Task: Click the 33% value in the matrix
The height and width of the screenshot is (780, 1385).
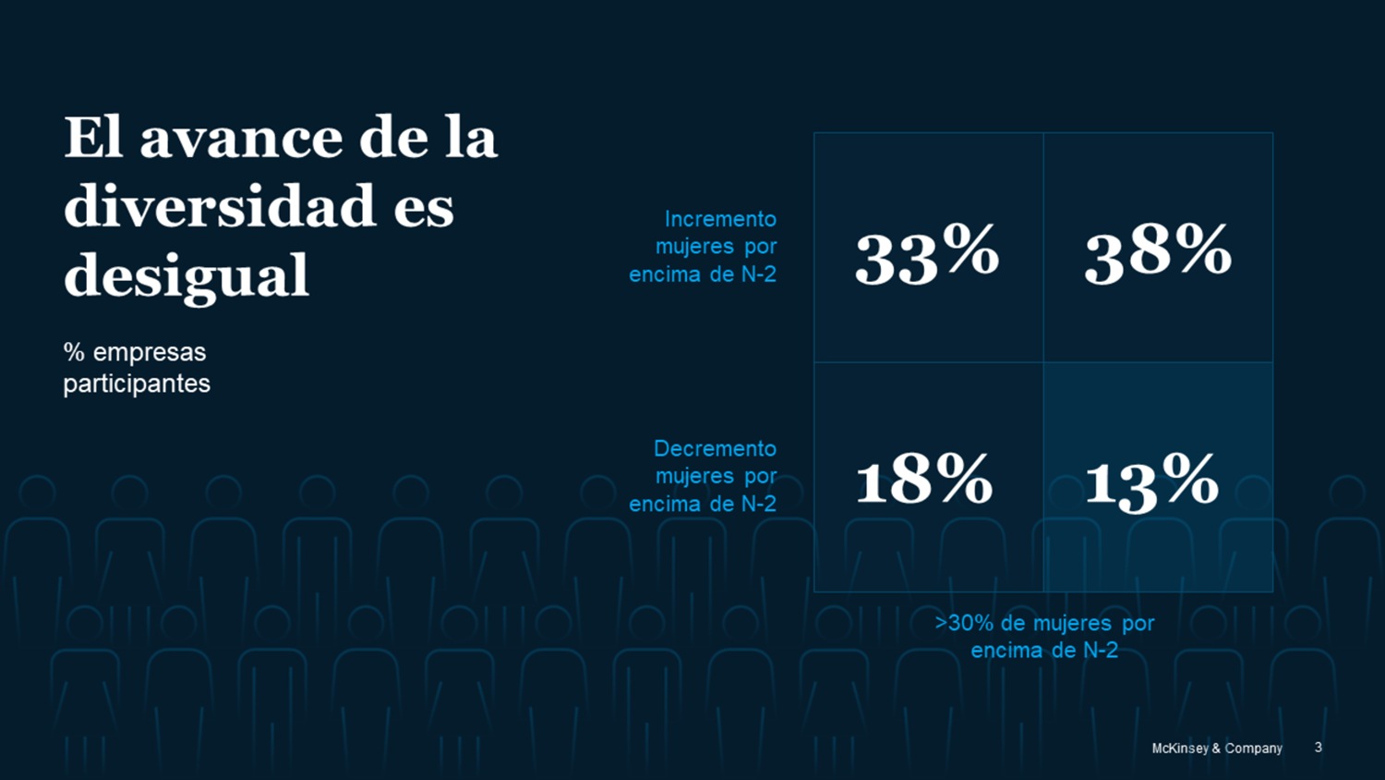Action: click(927, 254)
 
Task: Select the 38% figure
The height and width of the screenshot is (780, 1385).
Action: click(1158, 252)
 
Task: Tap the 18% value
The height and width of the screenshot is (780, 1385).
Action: click(924, 481)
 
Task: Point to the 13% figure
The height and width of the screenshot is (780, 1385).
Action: click(1151, 481)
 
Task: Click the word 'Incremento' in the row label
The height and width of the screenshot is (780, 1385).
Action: click(720, 219)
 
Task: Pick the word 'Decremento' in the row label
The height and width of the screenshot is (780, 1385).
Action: click(715, 448)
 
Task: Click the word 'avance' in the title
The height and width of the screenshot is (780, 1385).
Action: click(242, 139)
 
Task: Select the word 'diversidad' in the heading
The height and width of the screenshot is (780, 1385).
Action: click(220, 206)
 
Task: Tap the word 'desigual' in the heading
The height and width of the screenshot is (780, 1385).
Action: click(187, 275)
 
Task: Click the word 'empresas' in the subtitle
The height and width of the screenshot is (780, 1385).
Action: click(150, 352)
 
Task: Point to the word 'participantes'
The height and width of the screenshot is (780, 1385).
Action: click(137, 384)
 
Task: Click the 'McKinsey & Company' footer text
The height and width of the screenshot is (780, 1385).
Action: click(1216, 748)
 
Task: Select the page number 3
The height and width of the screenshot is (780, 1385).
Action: click(1318, 747)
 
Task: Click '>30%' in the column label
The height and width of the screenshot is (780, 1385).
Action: click(964, 623)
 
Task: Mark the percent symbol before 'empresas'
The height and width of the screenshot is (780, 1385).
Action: click(74, 352)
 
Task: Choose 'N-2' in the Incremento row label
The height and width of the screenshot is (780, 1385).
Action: click(758, 274)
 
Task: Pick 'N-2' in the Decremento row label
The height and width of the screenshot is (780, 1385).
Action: click(758, 504)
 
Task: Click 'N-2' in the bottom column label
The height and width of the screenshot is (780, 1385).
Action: click(1100, 651)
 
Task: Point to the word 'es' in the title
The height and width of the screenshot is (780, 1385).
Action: click(424, 208)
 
